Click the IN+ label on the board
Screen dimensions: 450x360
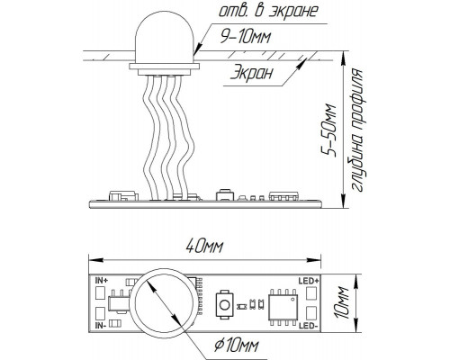click(102, 281)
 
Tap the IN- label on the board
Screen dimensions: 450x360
click(100, 325)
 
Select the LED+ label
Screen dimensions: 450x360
click(309, 281)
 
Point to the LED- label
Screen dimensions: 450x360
click(308, 326)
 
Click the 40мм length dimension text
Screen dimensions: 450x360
click(204, 247)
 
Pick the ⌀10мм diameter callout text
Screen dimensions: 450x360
click(237, 346)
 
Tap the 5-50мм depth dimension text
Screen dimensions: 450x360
click(328, 130)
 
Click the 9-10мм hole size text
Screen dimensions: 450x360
click(246, 37)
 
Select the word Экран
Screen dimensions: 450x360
click(252, 73)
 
